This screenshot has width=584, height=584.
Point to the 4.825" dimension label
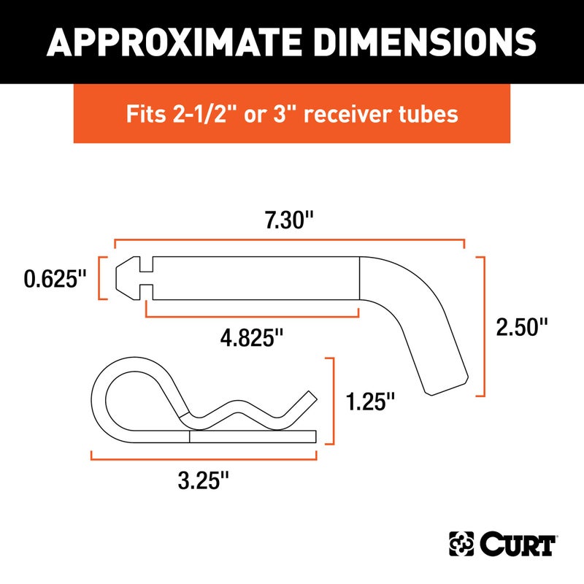pyautogui.click(x=252, y=338)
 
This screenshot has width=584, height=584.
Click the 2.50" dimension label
pyautogui.click(x=521, y=326)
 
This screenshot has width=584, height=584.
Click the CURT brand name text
pyautogui.click(x=519, y=544)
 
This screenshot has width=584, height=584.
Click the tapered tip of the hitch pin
pyautogui.click(x=126, y=277)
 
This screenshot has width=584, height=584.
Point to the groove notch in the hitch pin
pyautogui.click(x=145, y=277)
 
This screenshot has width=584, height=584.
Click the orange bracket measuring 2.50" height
pyautogui.click(x=483, y=326)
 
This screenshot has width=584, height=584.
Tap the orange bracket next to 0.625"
pyautogui.click(x=101, y=277)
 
